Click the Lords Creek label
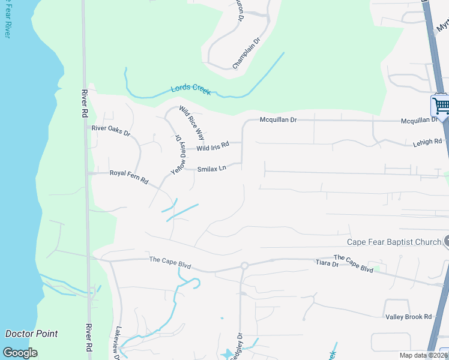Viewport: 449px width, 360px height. click(x=191, y=89)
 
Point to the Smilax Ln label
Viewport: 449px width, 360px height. click(x=212, y=169)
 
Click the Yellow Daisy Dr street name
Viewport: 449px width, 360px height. click(x=178, y=154)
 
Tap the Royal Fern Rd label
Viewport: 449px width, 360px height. click(x=128, y=173)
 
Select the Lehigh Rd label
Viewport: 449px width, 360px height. click(x=427, y=142)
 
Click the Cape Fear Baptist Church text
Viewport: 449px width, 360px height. click(x=394, y=242)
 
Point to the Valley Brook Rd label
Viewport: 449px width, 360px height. click(x=408, y=317)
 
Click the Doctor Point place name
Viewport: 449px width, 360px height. click(x=31, y=334)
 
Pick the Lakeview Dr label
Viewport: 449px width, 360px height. click(x=118, y=339)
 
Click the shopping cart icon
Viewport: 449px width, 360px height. click(x=441, y=106)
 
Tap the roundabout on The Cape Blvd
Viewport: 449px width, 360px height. click(x=244, y=265)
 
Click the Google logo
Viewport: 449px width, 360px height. click(x=20, y=353)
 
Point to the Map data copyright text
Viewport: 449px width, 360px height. click(x=423, y=355)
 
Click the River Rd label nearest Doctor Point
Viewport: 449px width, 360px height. click(x=88, y=338)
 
